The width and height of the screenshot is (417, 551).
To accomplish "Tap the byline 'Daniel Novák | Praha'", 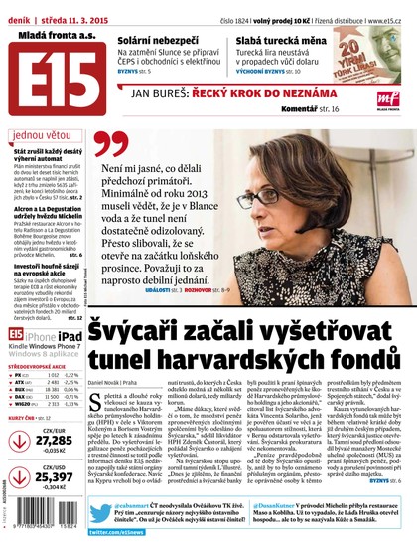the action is point(120,382).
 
